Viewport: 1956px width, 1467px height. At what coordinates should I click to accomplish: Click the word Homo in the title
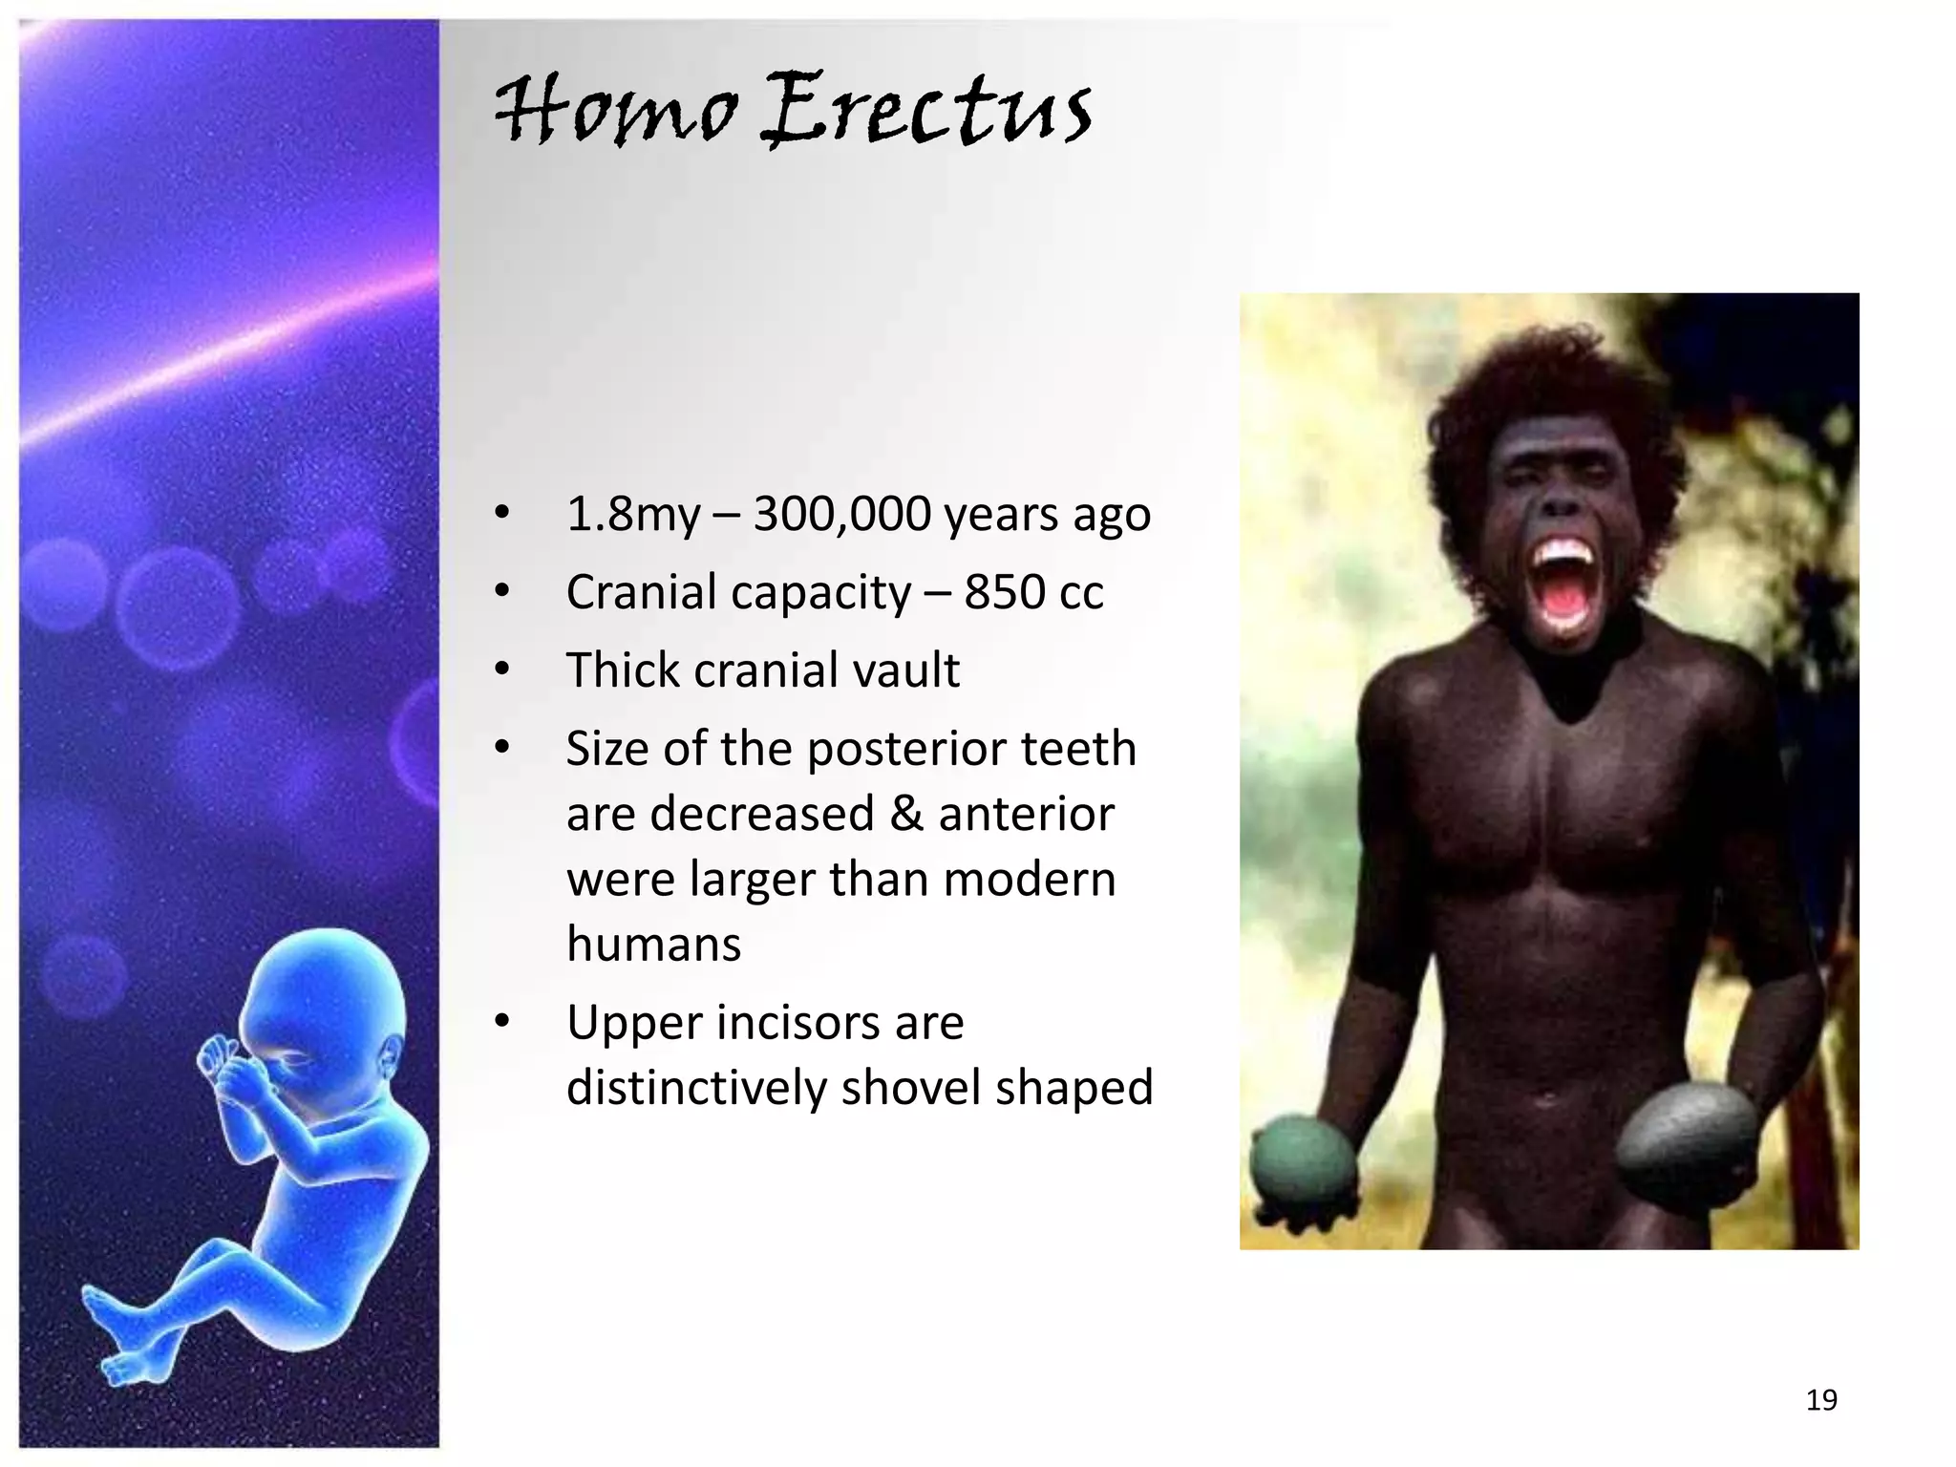pos(616,112)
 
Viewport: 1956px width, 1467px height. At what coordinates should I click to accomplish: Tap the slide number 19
pos(1821,1400)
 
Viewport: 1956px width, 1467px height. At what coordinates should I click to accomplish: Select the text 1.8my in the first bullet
pos(633,515)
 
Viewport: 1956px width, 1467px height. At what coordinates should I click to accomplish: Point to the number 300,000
pos(841,515)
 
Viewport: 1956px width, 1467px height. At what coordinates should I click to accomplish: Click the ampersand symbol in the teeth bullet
pos(905,815)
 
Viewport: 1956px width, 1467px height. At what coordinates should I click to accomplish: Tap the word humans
pos(653,945)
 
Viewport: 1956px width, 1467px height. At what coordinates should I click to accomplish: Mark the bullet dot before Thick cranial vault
pos(502,670)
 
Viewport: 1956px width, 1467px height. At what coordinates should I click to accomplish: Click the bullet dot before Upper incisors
pos(502,1022)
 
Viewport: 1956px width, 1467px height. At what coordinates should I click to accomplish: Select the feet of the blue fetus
pos(115,1337)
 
